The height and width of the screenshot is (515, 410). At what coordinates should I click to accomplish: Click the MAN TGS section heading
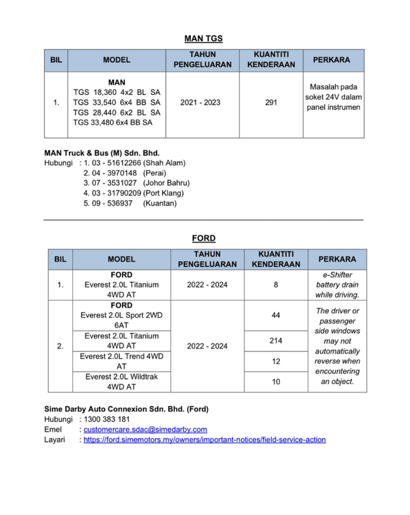(x=203, y=39)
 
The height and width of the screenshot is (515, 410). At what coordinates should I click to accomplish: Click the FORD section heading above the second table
(x=203, y=238)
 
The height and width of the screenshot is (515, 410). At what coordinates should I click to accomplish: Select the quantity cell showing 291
(x=271, y=103)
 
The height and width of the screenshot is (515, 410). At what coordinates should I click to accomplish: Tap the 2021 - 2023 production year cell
(x=200, y=103)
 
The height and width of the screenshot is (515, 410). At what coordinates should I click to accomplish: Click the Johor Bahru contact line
(x=137, y=183)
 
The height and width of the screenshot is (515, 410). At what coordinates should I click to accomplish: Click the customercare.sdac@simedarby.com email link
(x=145, y=430)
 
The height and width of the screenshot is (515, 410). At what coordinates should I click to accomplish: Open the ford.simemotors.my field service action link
(x=205, y=440)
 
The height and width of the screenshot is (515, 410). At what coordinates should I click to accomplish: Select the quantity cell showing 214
(x=276, y=341)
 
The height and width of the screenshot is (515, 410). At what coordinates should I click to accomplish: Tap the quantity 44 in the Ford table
(x=276, y=315)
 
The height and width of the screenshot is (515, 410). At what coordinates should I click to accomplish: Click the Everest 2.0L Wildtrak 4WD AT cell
(x=121, y=382)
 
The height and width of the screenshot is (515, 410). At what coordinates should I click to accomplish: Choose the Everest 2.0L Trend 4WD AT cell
(x=121, y=361)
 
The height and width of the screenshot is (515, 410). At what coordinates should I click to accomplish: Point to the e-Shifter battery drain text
(x=337, y=285)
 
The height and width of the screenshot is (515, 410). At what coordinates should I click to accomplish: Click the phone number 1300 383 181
(x=107, y=419)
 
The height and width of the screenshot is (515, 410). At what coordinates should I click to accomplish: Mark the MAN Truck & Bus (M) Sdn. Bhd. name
(x=102, y=153)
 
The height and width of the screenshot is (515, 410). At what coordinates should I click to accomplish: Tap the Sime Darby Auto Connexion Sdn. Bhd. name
(x=126, y=409)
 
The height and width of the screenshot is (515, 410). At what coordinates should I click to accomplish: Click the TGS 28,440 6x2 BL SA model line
(x=117, y=112)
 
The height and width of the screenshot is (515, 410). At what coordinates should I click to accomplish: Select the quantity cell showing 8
(x=276, y=285)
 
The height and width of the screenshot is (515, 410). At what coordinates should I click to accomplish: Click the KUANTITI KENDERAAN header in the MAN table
(x=271, y=60)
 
